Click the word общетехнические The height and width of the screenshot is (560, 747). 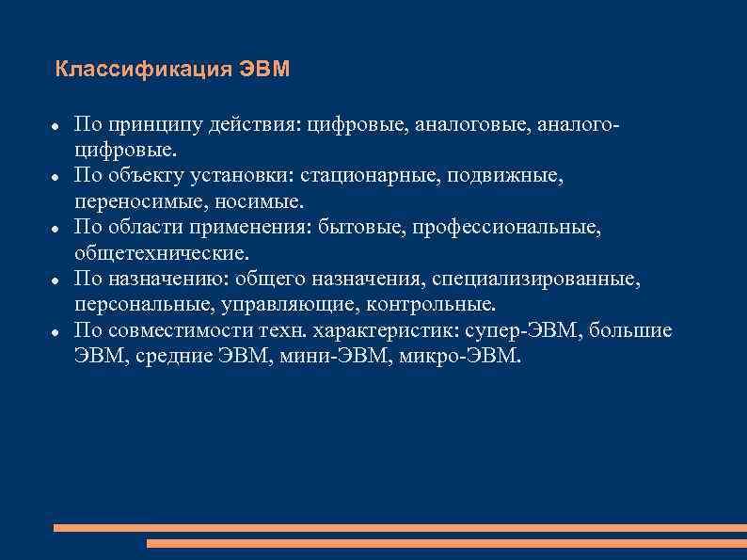162,253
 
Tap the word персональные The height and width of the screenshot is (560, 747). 143,305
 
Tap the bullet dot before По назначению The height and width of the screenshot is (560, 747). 57,280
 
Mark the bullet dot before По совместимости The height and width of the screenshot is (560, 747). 57,332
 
